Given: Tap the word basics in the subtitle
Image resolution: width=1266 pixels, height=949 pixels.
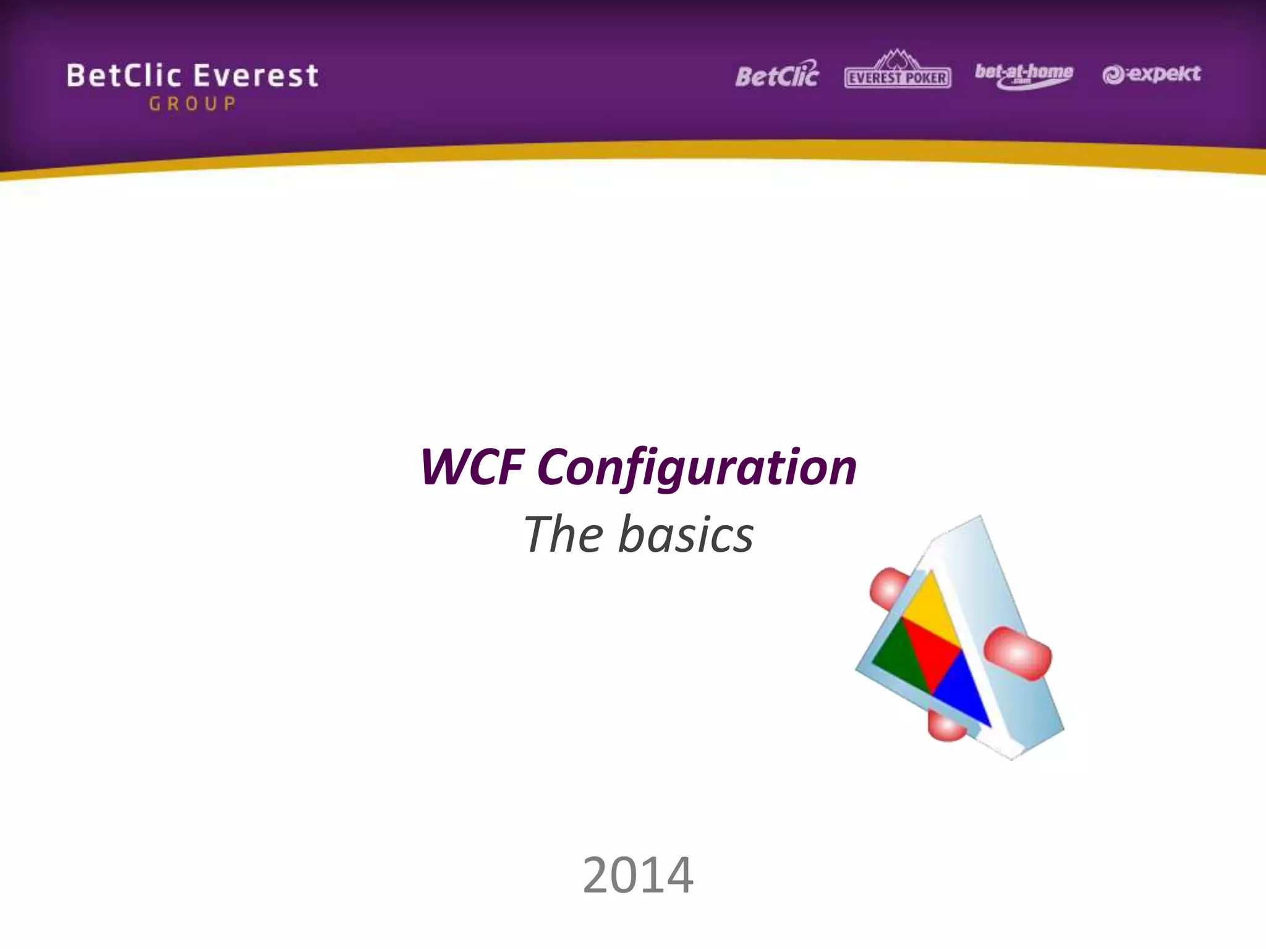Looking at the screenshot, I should click(686, 534).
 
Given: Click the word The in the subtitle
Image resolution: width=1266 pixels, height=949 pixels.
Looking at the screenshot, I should click(563, 534).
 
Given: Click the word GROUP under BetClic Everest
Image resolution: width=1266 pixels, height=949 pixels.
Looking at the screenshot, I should click(192, 103).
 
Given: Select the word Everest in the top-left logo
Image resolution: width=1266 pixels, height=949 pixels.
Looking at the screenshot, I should click(256, 76).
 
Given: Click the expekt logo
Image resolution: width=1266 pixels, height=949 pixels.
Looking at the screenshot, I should click(1151, 75).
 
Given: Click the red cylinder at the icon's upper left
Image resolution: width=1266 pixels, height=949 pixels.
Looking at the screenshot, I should click(885, 589).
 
